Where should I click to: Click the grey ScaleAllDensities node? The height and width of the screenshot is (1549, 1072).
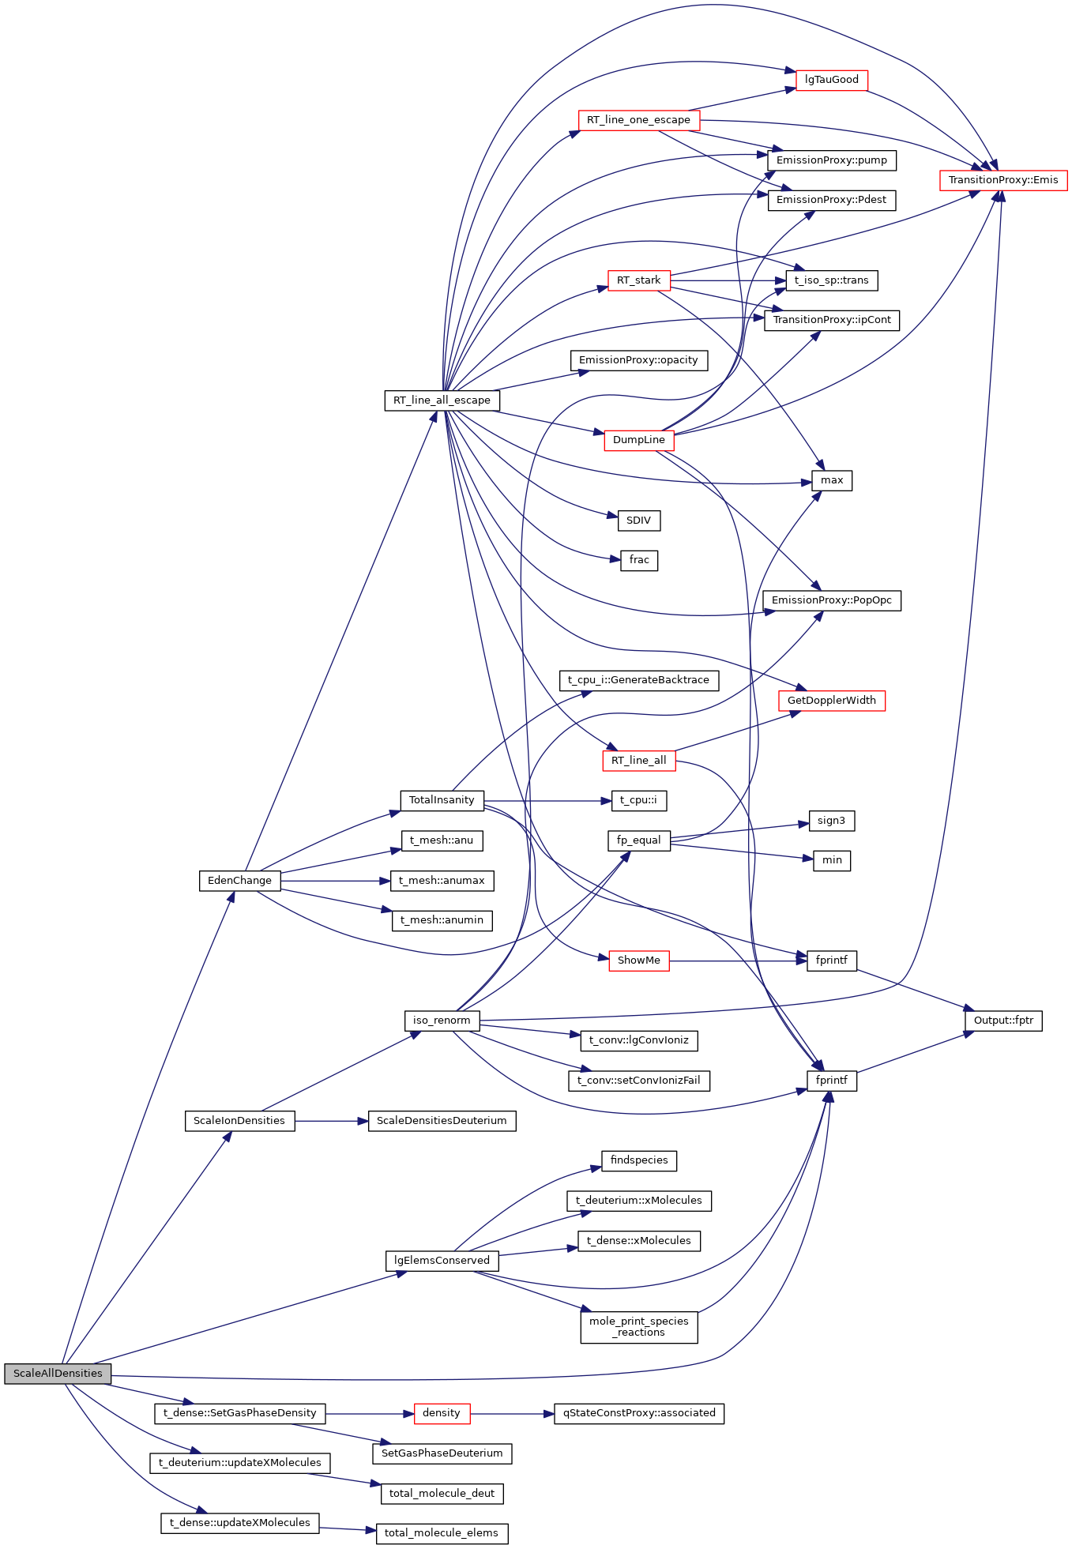[x=58, y=1373]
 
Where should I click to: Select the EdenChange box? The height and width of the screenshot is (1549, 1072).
[x=239, y=881]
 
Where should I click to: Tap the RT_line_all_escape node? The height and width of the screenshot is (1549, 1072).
[x=442, y=400]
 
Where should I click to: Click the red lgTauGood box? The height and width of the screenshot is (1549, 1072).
[x=831, y=80]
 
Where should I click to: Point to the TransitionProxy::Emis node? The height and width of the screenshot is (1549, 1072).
[x=1002, y=180]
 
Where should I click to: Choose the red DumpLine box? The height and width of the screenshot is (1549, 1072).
[x=638, y=440]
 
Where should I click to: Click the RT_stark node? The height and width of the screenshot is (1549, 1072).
[x=638, y=280]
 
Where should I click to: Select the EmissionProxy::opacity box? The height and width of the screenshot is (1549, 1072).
[x=638, y=360]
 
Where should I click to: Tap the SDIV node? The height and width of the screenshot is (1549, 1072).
[x=638, y=521]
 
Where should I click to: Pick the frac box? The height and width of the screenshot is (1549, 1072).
[x=639, y=560]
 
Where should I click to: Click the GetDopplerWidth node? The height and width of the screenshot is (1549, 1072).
[x=831, y=701]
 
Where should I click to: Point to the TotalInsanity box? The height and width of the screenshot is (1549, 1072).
[x=442, y=800]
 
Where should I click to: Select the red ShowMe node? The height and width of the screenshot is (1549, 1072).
[x=638, y=961]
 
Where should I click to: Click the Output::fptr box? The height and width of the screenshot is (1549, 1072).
[x=1003, y=1021]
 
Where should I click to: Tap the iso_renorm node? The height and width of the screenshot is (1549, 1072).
[x=442, y=1021]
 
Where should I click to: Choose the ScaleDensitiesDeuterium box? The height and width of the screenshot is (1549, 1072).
[x=442, y=1121]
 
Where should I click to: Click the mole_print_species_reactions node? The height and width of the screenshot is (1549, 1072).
[x=638, y=1327]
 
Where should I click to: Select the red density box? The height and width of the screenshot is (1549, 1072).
[x=442, y=1413]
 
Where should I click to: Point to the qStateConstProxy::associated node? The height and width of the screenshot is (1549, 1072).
[x=638, y=1413]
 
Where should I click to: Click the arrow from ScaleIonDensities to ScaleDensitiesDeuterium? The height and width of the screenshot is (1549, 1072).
[x=331, y=1121]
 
